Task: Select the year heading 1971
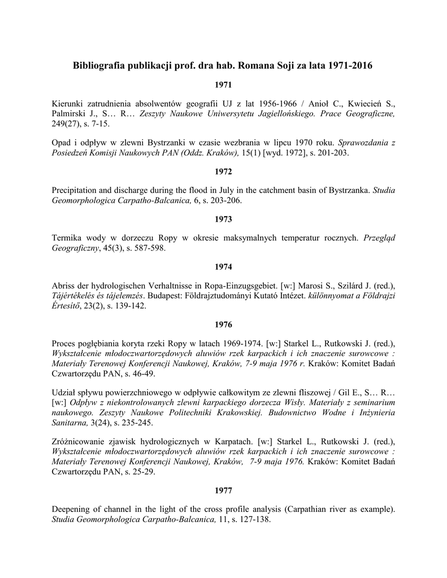(223, 85)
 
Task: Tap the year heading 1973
(223, 218)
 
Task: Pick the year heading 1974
(223, 266)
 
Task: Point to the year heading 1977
(223, 490)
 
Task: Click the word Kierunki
(68, 104)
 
